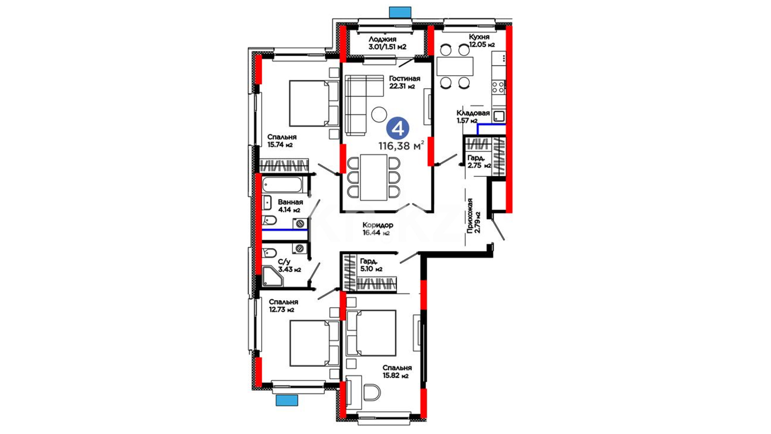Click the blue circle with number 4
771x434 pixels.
point(398,129)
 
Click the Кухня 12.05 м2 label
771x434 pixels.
point(481,41)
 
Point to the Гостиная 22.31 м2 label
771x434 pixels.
point(404,82)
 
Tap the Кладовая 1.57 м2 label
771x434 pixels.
point(473,117)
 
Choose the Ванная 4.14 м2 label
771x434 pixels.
point(290,206)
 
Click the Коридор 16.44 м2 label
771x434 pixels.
point(377,229)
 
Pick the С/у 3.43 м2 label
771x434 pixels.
point(289,266)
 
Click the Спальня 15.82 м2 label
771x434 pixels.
point(397,372)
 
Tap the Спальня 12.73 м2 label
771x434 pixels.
point(283,305)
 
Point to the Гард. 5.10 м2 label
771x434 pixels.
point(371,265)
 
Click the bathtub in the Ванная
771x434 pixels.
point(282,185)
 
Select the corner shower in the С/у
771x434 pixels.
point(273,277)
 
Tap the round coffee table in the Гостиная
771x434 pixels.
point(379,115)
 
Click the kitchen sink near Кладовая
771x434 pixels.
point(499,117)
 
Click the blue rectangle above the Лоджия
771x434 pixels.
point(400,12)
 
